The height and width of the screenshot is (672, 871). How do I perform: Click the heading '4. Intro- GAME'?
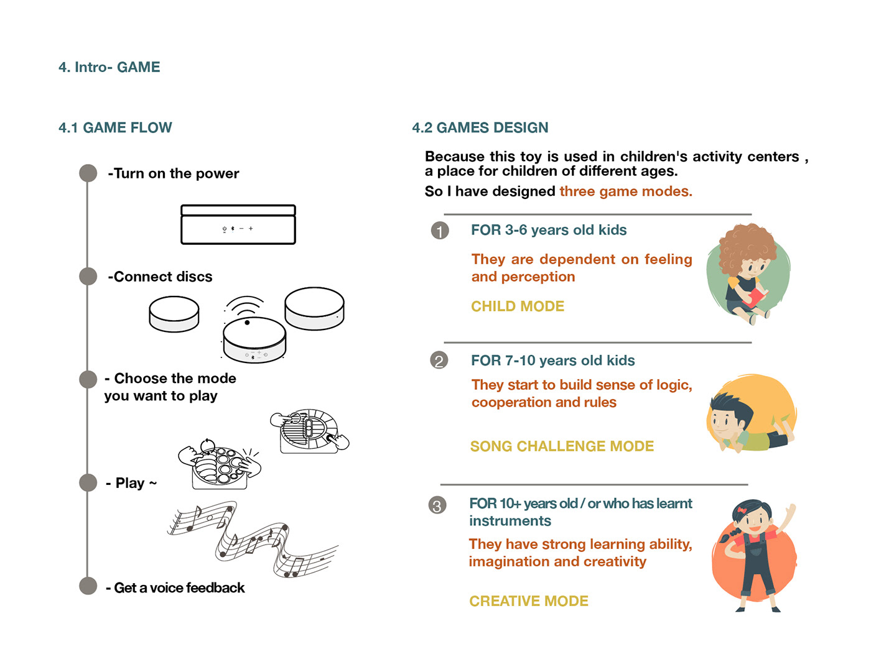109,67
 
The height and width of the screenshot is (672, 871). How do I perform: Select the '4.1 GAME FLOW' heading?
115,127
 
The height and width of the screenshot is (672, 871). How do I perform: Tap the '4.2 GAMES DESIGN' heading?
480,127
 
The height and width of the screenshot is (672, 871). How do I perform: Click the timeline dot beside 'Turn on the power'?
88,173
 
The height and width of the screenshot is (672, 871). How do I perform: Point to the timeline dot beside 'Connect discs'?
88,276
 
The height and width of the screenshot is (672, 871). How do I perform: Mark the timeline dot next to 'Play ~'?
88,482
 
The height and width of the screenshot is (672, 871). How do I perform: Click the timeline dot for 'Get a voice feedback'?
88,586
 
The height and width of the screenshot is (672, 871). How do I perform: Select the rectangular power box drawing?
238,224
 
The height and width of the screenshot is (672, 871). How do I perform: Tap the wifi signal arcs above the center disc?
245,305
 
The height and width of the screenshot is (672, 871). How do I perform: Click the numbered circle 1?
440,231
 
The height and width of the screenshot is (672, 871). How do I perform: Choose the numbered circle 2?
439,361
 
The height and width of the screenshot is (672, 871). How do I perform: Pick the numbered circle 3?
437,505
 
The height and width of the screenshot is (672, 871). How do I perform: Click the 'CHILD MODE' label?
518,306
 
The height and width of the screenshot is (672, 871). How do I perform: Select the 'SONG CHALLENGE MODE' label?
562,446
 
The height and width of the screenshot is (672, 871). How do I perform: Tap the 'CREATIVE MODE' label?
529,601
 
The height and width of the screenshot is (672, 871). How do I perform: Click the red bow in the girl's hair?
742,511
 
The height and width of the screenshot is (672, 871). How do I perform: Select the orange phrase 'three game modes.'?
625,191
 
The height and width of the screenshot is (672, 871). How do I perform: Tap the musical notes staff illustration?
252,538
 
